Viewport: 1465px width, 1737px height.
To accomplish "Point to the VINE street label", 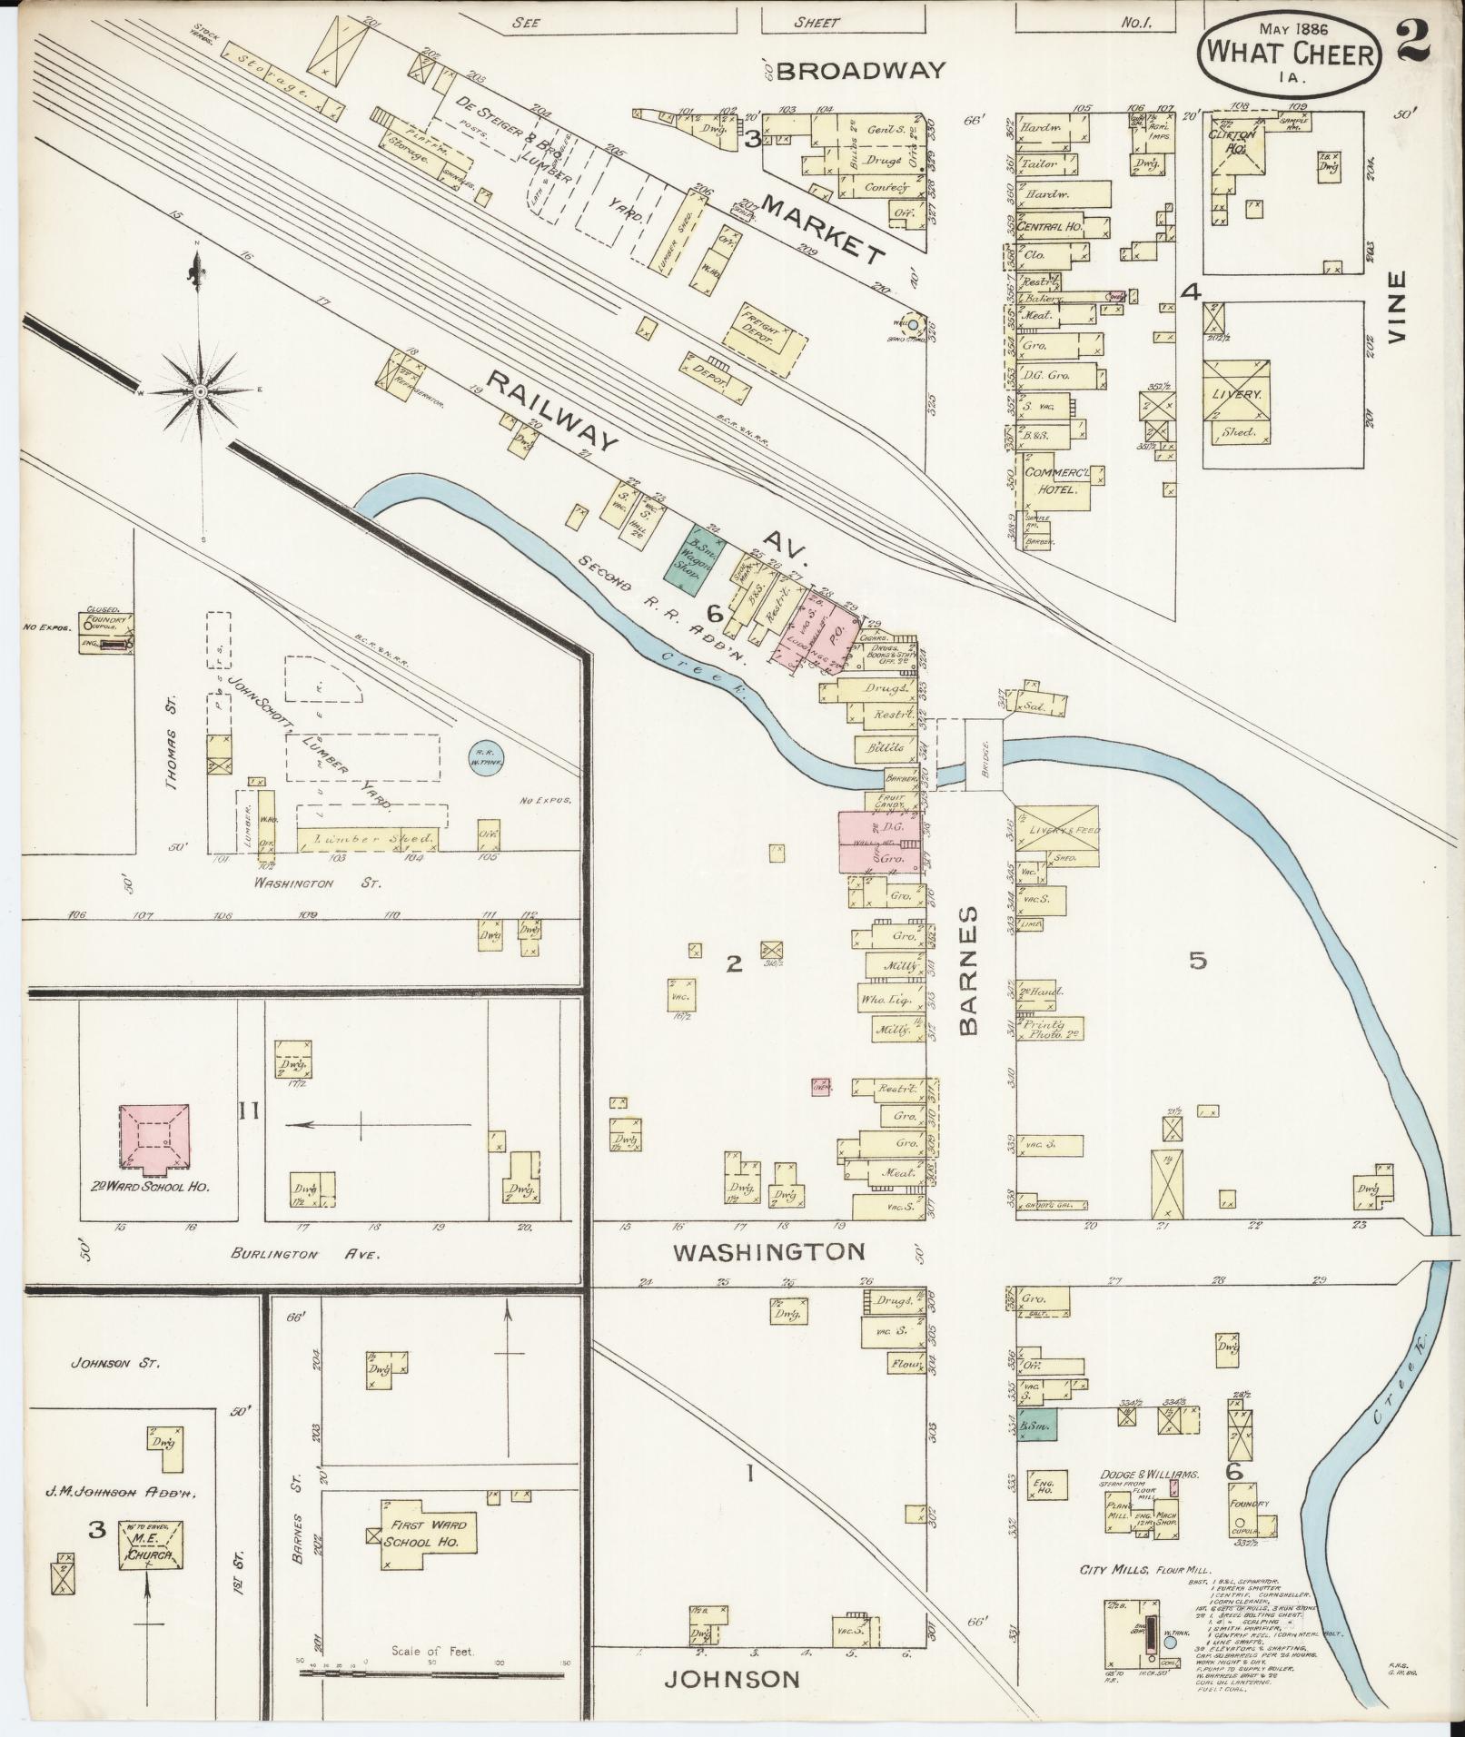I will pos(1395,305).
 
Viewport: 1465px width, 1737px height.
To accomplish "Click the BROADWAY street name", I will pos(860,70).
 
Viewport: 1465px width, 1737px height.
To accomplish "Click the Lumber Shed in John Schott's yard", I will pos(369,838).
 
